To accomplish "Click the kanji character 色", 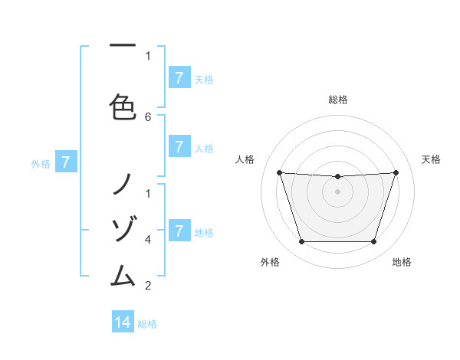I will (123, 106).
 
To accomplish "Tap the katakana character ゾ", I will (123, 227).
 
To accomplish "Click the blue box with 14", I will (123, 322).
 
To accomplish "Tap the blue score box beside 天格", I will (179, 78).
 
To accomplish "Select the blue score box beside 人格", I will (179, 147).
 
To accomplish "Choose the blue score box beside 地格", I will (179, 231).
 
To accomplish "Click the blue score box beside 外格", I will (66, 162).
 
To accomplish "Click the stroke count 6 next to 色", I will (148, 117).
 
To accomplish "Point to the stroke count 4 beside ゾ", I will (148, 239).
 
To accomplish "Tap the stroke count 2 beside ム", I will (148, 286).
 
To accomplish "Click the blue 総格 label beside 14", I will (147, 324).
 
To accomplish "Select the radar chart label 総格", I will (338, 100).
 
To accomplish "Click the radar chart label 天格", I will (431, 159).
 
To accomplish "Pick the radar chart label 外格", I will (270, 262).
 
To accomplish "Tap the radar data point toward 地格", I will (374, 241).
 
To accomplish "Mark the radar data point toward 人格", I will (280, 173).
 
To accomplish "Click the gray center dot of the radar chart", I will (338, 191).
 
